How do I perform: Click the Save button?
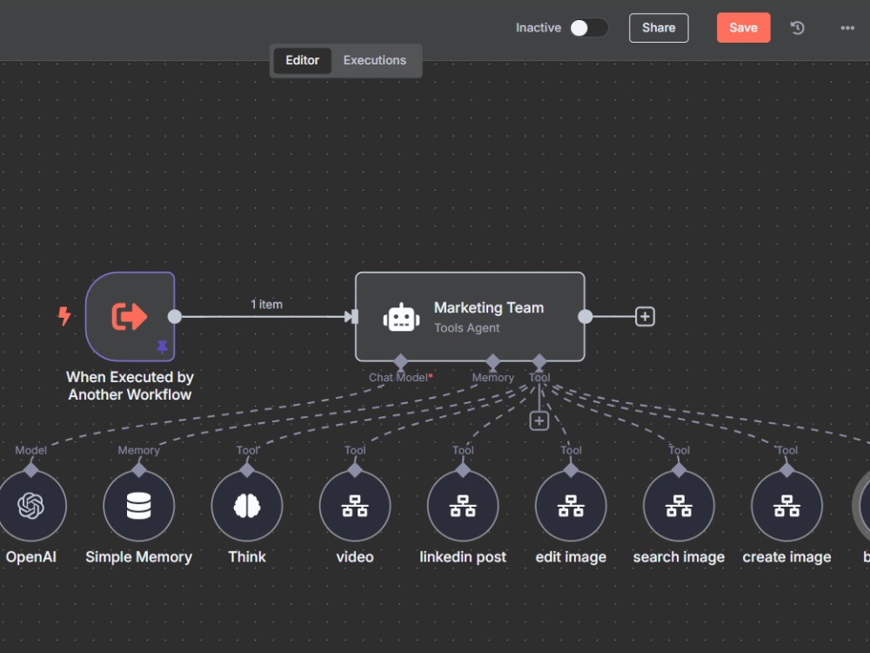coord(743,28)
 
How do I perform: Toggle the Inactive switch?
coord(589,28)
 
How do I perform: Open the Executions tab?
coord(374,60)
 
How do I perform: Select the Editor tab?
coord(303,60)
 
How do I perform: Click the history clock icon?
coord(797,28)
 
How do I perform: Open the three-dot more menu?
coord(847,28)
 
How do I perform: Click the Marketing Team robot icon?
coord(401,318)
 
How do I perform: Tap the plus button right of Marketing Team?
coord(645,317)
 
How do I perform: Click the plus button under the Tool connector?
coord(539,421)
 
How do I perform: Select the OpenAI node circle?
coord(31,505)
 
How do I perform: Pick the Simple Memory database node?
coord(138,505)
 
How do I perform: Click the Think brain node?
coord(247,505)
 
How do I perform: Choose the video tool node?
coord(355,505)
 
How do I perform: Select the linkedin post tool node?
coord(463,505)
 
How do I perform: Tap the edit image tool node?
coord(571,505)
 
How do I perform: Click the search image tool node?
coord(679,505)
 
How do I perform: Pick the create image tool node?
coord(786,505)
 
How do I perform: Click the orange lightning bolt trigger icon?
coord(64,316)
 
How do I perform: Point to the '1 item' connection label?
coord(266,304)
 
